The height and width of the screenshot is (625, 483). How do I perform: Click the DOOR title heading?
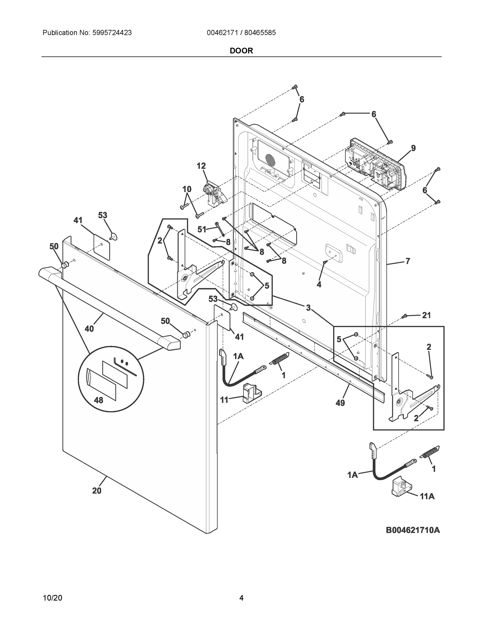coord(241,51)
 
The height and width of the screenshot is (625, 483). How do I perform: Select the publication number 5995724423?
coord(112,33)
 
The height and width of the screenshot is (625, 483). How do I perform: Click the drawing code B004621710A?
coord(413,530)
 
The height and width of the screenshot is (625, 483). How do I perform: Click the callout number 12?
coord(201,166)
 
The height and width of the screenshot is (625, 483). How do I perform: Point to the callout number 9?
coord(413,148)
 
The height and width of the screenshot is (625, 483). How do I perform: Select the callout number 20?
coord(97,491)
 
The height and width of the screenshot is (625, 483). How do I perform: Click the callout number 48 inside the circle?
coord(98,400)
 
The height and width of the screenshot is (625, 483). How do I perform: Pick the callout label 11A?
coord(427,497)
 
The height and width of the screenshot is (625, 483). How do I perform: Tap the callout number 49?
coord(340,403)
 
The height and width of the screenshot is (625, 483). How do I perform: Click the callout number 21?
coord(426,315)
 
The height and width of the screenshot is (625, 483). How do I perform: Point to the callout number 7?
coord(408,261)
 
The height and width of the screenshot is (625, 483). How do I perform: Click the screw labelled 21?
coord(405,316)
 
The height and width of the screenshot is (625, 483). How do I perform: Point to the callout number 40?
coord(89,329)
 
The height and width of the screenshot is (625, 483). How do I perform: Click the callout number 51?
coord(202,229)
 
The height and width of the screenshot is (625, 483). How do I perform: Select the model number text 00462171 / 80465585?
coord(241,33)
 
